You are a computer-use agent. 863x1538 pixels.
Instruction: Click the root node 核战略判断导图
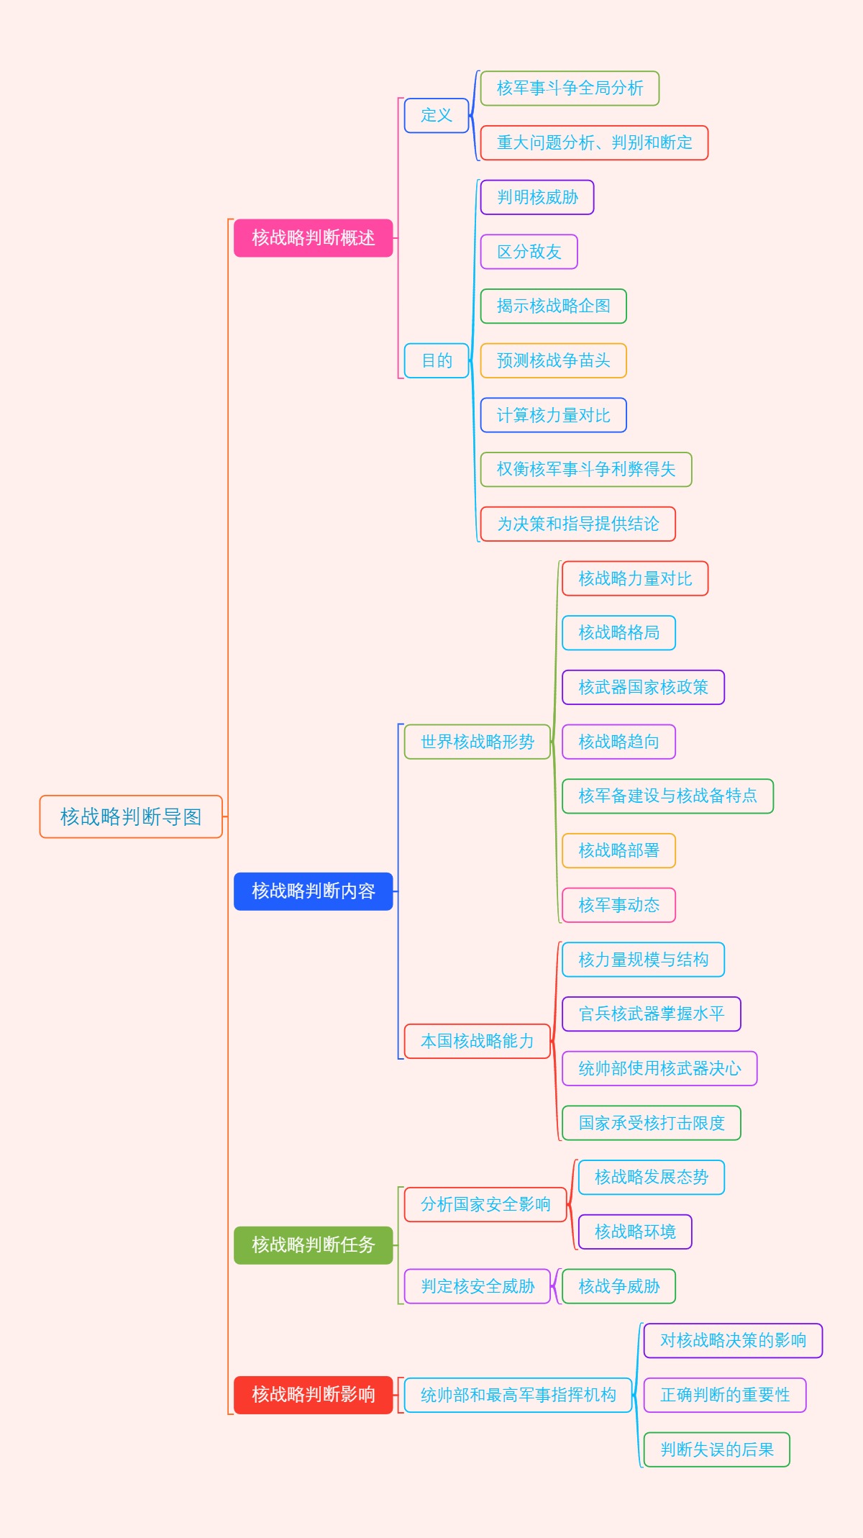(131, 816)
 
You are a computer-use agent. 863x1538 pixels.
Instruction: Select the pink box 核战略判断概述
(313, 238)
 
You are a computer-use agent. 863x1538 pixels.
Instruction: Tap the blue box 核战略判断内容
(313, 891)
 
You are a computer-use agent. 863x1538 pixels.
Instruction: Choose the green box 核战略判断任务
(313, 1245)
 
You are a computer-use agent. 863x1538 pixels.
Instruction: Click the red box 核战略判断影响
(313, 1395)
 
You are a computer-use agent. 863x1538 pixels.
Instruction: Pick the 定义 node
(437, 115)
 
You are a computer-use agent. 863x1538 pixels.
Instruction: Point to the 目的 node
(437, 360)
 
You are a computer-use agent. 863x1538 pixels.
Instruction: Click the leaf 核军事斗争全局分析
(570, 88)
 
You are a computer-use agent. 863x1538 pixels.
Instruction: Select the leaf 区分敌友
(529, 252)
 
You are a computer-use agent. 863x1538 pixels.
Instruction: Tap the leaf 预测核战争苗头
(553, 360)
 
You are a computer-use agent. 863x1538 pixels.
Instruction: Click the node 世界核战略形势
(477, 742)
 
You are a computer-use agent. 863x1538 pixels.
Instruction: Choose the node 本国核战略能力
(477, 1041)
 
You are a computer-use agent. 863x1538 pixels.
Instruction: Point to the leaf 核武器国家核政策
(643, 687)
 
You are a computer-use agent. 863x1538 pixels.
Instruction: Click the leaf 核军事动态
(618, 905)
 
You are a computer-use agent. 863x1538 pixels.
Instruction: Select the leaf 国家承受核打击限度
(651, 1123)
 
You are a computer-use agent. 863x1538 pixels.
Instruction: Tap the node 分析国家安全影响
(485, 1204)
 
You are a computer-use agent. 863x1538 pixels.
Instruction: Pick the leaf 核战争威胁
(618, 1286)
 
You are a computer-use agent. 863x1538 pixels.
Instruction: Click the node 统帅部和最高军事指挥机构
(518, 1395)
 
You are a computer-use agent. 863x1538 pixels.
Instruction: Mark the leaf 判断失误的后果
(716, 1450)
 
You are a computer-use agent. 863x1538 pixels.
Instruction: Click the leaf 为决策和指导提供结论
(577, 524)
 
